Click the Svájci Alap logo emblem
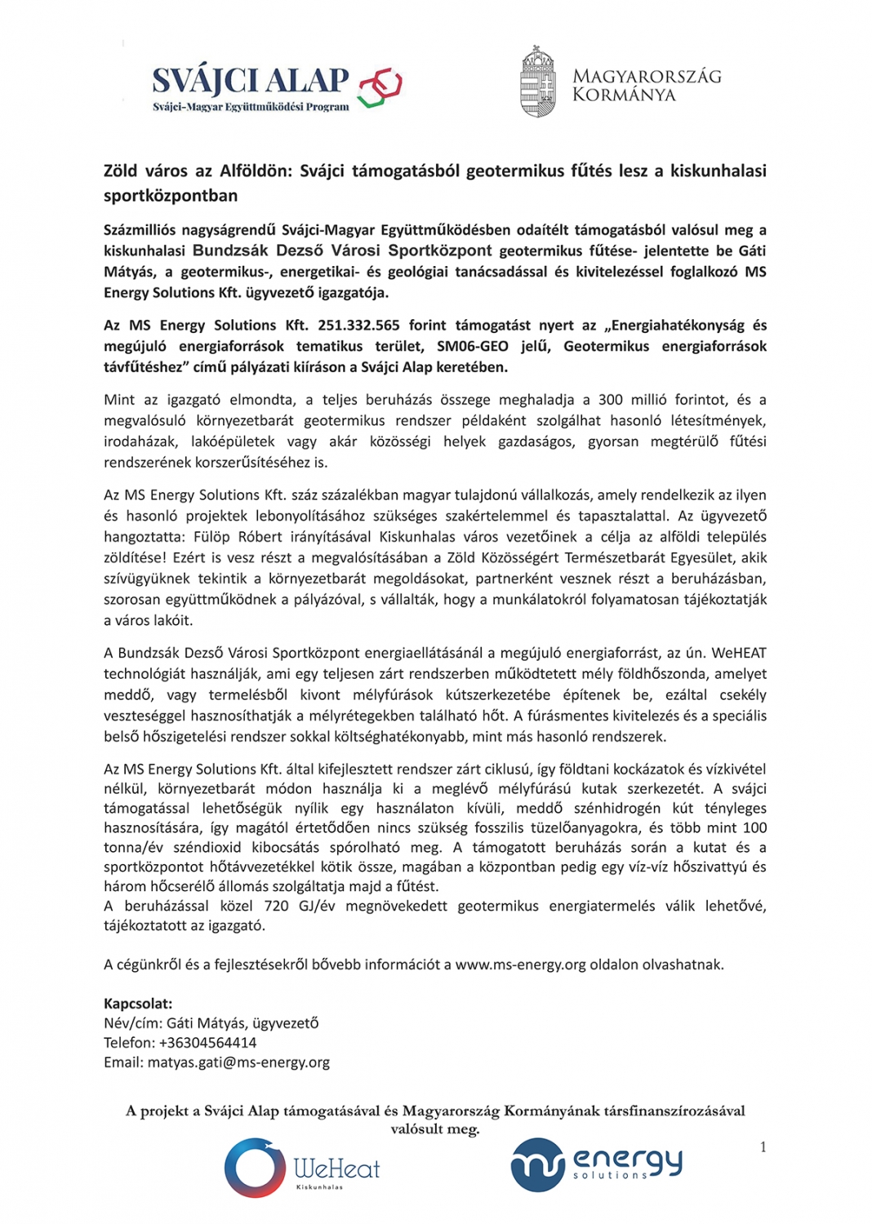point(380,86)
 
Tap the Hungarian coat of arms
point(537,82)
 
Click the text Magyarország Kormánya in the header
point(647,86)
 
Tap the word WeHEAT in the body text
point(739,653)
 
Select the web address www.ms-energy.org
point(521,965)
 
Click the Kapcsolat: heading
point(138,1004)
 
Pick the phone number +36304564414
point(207,1043)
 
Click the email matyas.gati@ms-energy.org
point(238,1062)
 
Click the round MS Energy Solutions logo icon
point(538,1164)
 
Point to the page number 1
point(763,1147)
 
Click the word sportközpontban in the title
point(171,196)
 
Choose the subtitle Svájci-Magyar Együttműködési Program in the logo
point(251,107)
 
